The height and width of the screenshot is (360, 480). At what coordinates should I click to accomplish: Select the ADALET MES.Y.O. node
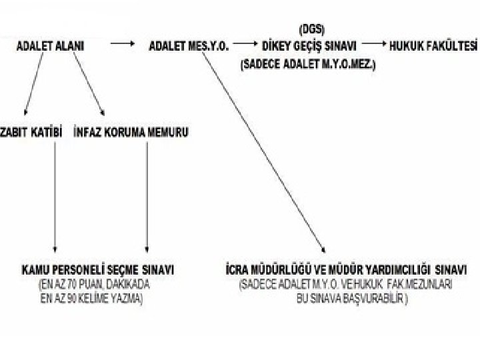coord(190,47)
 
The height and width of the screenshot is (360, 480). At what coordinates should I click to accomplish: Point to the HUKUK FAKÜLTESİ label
coord(435,46)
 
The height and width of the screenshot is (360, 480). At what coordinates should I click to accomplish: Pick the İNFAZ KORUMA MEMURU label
coord(131,133)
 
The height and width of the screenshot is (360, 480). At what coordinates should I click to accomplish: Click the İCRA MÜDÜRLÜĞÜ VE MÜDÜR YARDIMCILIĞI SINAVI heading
coord(346,270)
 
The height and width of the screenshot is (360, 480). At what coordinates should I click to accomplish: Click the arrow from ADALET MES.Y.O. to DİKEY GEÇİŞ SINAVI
coord(246,44)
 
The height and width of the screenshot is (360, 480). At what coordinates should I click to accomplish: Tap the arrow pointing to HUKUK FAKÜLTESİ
coord(373,44)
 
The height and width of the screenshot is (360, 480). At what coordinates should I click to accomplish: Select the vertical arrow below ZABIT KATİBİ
coord(55,200)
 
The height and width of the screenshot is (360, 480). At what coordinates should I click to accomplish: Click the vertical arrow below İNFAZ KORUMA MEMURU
coord(147,200)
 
